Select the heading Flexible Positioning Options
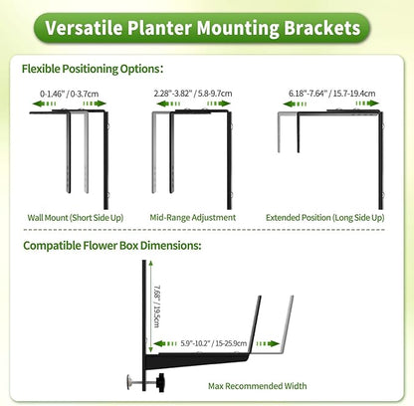coord(92,70)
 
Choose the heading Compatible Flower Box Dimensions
coord(110,245)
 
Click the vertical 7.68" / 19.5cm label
coord(158,302)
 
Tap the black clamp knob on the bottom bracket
coord(132,379)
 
